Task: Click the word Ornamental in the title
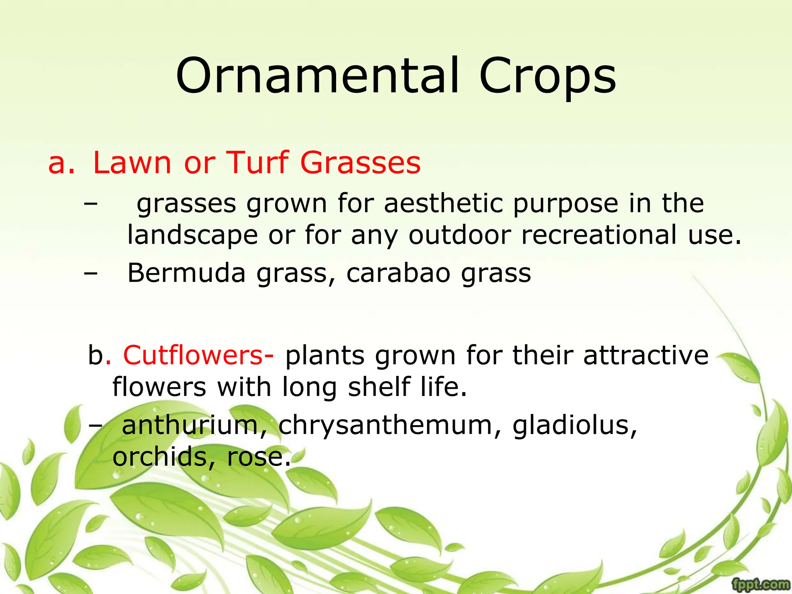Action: point(317,76)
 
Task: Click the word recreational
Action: point(599,235)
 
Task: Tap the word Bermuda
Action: point(186,273)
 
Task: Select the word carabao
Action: point(398,273)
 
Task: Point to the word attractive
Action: point(646,355)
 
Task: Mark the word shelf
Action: point(379,387)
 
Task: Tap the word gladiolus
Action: point(575,425)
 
